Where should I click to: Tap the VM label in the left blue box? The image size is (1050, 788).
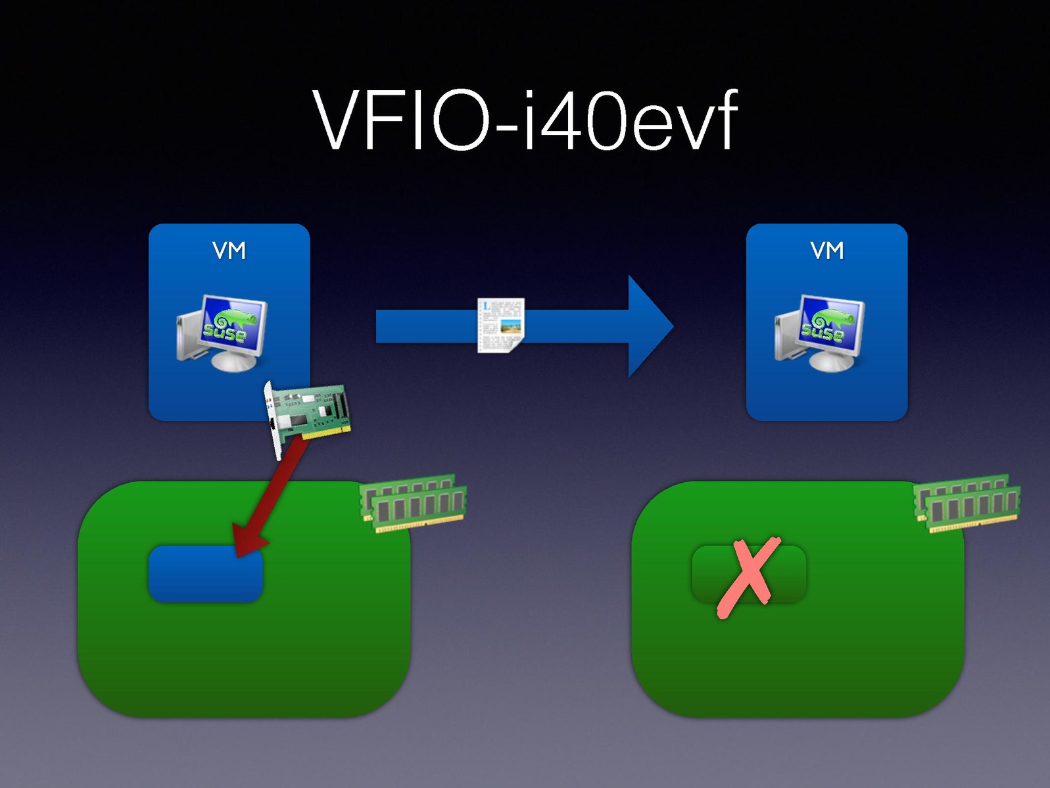coord(229,251)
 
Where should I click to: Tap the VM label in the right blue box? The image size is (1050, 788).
coord(826,251)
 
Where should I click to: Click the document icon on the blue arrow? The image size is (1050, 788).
coord(501,325)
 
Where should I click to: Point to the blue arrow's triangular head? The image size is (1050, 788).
coord(648,326)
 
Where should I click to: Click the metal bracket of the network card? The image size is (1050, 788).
coord(274,421)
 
